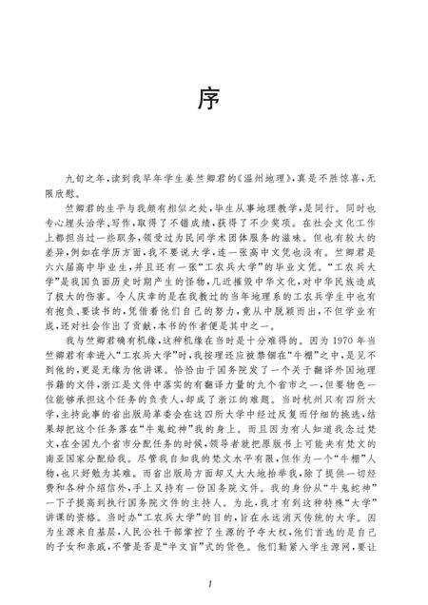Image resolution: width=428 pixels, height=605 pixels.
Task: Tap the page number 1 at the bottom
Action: click(x=215, y=581)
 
